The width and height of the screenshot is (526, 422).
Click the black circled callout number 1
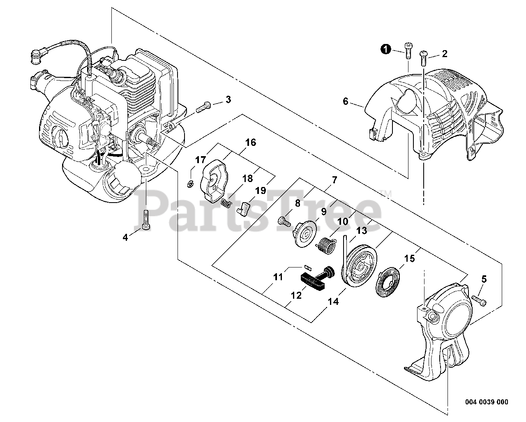[385, 49]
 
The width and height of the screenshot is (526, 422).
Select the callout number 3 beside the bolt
[228, 99]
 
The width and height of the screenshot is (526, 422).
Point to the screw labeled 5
[480, 300]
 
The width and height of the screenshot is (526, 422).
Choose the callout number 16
[251, 143]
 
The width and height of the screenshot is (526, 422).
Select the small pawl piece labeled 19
[245, 207]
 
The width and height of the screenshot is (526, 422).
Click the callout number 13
[362, 231]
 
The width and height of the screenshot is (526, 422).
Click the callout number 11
[278, 277]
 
